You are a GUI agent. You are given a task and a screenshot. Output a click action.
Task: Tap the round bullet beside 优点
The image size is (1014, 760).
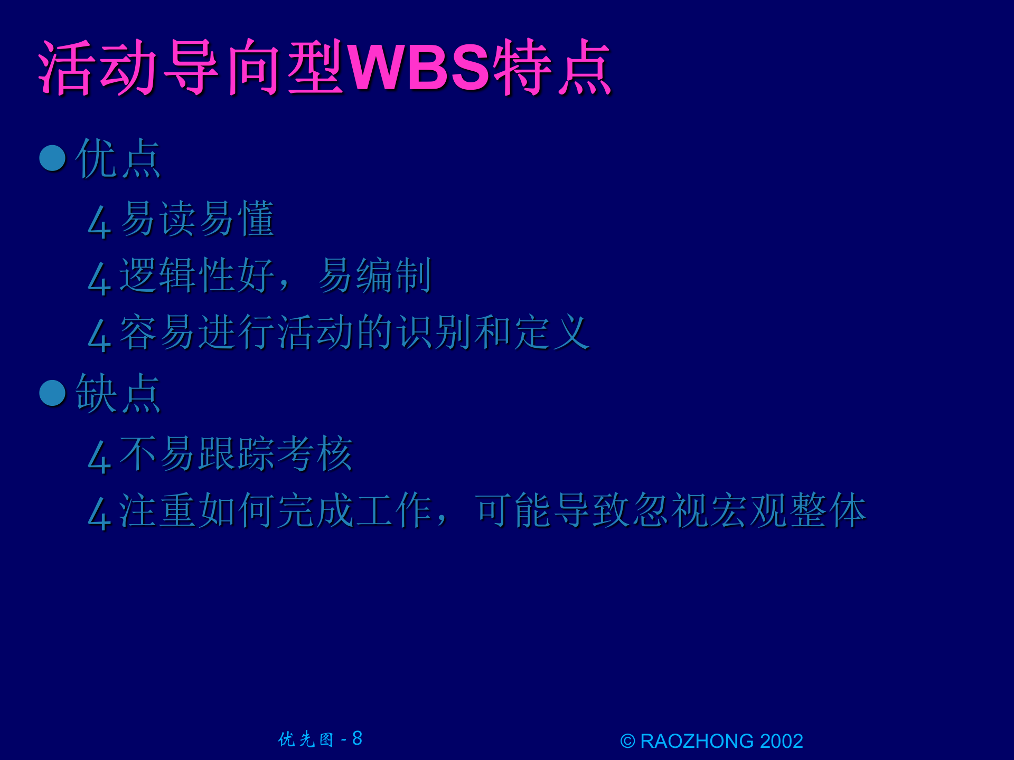(53, 158)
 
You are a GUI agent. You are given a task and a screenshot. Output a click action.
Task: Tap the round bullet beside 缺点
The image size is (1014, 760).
(53, 393)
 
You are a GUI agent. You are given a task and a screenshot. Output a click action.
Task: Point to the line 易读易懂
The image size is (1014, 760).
(197, 219)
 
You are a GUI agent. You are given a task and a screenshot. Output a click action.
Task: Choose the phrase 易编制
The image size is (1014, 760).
(374, 275)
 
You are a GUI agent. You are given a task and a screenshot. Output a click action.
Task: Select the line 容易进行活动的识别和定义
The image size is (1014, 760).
(354, 332)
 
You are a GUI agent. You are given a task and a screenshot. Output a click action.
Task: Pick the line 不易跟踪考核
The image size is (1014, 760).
(236, 454)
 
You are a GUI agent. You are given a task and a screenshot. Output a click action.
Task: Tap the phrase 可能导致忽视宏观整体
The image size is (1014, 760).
(670, 510)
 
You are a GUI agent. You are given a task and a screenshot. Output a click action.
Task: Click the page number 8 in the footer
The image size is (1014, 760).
(358, 738)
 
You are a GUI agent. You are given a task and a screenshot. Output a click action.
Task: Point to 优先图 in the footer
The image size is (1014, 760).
(306, 739)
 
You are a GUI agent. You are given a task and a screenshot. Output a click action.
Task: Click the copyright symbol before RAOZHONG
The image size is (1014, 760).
(627, 742)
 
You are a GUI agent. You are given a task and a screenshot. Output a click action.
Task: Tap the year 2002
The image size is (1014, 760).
(781, 742)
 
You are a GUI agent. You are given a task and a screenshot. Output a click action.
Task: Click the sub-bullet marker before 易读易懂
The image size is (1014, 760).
(99, 222)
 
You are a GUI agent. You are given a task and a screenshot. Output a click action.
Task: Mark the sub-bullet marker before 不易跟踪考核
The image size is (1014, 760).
(99, 457)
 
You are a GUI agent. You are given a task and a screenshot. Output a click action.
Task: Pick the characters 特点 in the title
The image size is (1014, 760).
(552, 68)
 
